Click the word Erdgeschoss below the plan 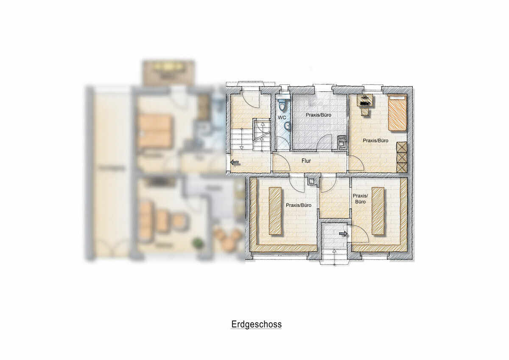pyautogui.click(x=256, y=325)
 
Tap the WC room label pyautogui.click(x=282, y=117)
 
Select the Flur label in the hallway pyautogui.click(x=307, y=161)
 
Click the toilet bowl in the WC pyautogui.click(x=282, y=104)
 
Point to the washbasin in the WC pyautogui.click(x=287, y=126)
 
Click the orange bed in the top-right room pyautogui.click(x=397, y=113)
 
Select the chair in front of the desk pyautogui.click(x=365, y=112)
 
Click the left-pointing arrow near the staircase pyautogui.click(x=234, y=162)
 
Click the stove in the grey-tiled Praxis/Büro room pyautogui.click(x=341, y=142)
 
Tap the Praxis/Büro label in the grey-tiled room pyautogui.click(x=318, y=115)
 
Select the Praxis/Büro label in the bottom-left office pyautogui.click(x=299, y=205)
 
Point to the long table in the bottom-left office pyautogui.click(x=275, y=211)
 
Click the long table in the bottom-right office pyautogui.click(x=378, y=211)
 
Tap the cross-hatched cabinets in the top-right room pyautogui.click(x=401, y=157)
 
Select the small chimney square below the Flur pyautogui.click(x=312, y=181)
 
